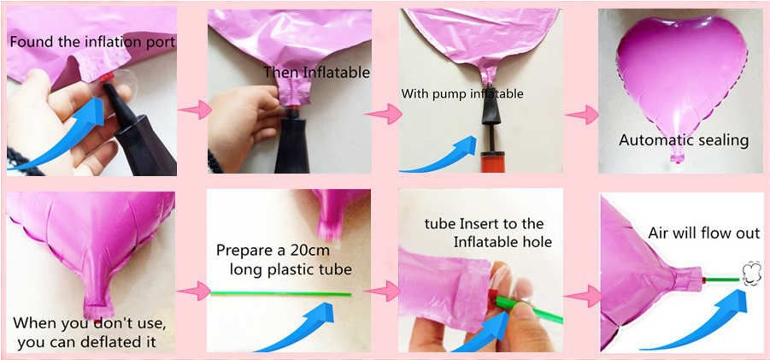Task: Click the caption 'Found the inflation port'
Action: (92, 42)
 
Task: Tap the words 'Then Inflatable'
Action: (316, 73)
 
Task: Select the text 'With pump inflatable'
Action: (462, 93)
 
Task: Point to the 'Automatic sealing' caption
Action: (684, 140)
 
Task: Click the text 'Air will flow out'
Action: (704, 233)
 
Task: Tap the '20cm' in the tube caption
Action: (307, 251)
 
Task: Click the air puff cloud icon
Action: (751, 274)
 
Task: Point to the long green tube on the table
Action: (281, 293)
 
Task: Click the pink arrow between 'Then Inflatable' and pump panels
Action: (384, 114)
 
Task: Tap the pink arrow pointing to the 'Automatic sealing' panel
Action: (582, 115)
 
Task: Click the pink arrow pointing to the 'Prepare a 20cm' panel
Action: (194, 291)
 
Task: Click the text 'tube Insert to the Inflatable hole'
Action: (488, 233)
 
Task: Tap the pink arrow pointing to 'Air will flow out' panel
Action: (582, 297)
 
